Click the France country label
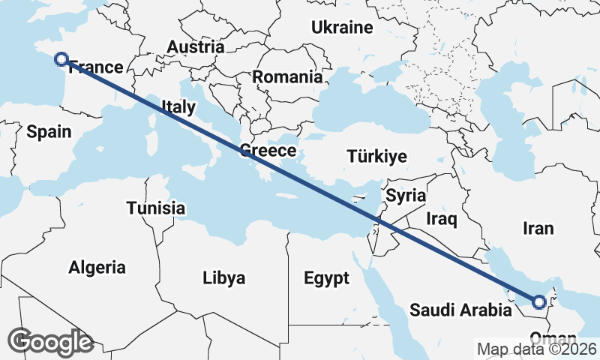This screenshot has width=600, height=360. (x=95, y=68)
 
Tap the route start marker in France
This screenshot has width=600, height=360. (x=61, y=59)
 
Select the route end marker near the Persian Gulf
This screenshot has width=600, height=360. (x=538, y=302)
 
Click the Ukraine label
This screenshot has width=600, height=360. (x=342, y=28)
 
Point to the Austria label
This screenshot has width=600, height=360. (x=195, y=46)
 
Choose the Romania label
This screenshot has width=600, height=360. (x=286, y=76)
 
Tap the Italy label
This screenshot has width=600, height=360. (x=178, y=107)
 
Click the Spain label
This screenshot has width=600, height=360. (x=49, y=132)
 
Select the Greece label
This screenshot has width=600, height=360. (x=268, y=151)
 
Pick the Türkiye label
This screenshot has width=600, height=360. (x=376, y=157)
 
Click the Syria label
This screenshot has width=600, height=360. (x=406, y=196)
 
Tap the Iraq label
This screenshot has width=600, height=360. (x=441, y=219)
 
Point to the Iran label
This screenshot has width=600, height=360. (x=539, y=228)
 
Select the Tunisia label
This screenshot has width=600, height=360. (x=156, y=208)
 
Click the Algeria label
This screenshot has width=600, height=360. (x=97, y=267)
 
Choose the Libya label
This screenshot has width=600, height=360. (x=223, y=278)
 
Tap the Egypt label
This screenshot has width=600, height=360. (x=326, y=279)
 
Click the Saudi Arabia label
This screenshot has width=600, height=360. (x=457, y=310)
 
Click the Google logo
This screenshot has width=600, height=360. (x=51, y=341)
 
